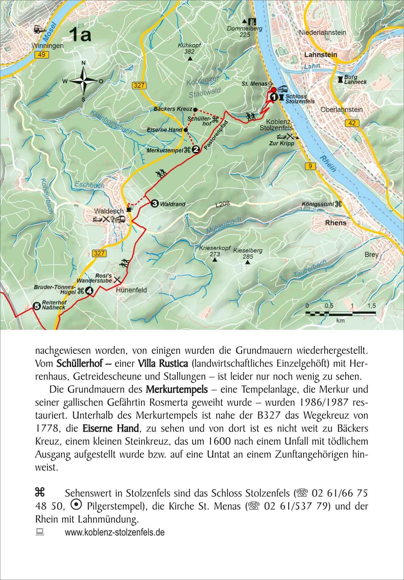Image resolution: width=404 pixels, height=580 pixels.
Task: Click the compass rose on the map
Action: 84,81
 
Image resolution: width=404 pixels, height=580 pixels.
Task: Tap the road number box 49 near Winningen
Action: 40,54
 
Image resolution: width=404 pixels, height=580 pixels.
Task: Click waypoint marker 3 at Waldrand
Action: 154,204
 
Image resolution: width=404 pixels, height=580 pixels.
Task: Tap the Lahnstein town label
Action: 321,55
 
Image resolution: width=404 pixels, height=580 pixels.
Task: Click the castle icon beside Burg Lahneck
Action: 340,79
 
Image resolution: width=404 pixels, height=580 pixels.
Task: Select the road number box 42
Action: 351,123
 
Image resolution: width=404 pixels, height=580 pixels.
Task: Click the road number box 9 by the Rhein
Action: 310,166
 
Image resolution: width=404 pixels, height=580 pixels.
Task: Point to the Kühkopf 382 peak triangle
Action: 190,59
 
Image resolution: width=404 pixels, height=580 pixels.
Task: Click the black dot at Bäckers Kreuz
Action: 195,109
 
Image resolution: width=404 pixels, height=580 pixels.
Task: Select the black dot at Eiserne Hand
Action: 185,130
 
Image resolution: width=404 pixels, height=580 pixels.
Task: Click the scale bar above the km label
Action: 341,313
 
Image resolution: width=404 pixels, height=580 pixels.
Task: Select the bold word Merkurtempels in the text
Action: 177,389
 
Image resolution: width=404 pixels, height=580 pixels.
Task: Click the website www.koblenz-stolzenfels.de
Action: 115,532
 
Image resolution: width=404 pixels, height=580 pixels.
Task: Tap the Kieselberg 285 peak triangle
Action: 247,263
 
